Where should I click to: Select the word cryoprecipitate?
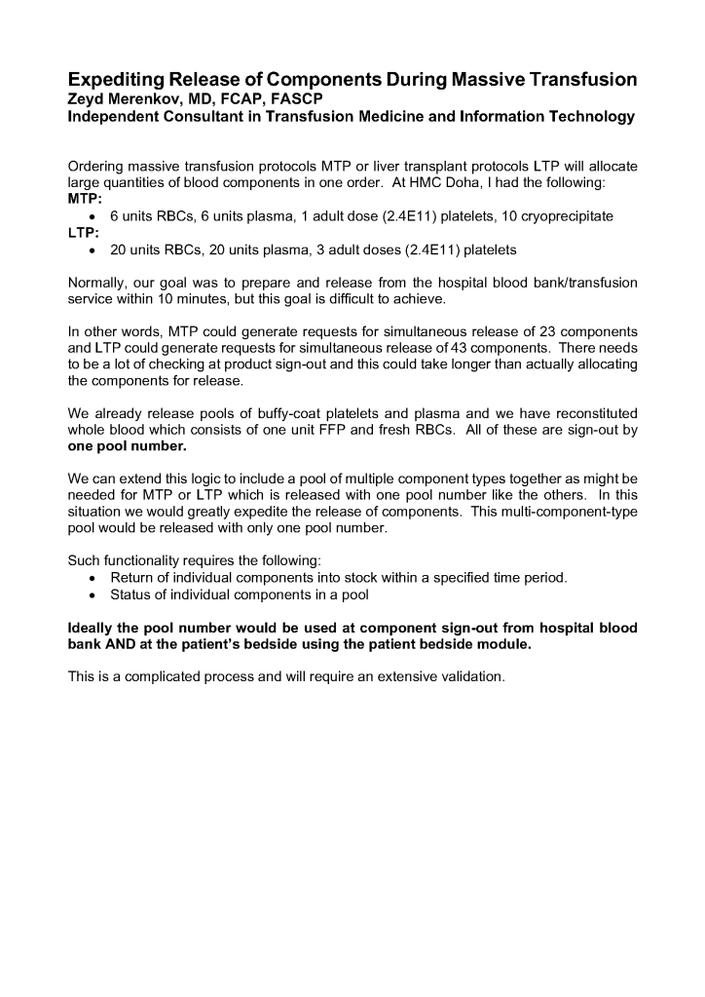tap(556, 215)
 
